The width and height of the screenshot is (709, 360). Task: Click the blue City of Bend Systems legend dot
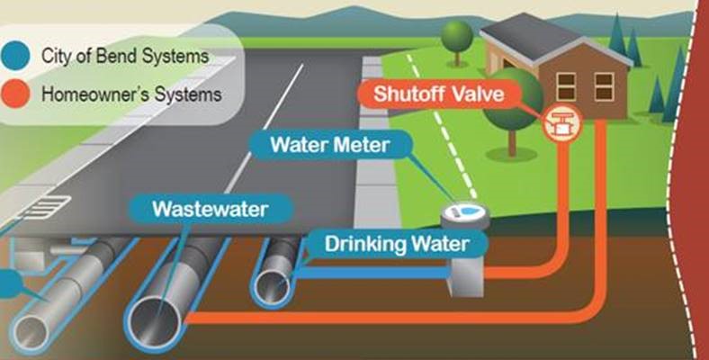[x=16, y=56]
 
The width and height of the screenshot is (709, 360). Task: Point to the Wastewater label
[x=210, y=211]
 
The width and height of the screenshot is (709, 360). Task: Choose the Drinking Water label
[x=396, y=243]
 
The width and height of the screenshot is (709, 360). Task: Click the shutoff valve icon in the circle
[x=562, y=124]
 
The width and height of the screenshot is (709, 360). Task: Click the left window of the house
[x=566, y=85]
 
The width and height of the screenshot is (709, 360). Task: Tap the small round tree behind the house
[x=457, y=38]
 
